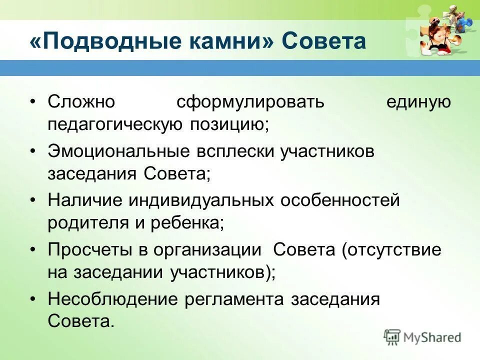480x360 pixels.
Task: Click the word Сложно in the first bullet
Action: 81,102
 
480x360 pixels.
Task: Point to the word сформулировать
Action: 250,102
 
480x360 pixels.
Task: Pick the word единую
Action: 425,102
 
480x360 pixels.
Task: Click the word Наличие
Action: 84,201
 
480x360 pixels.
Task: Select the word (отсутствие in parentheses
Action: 392,250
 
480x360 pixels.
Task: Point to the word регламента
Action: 234,299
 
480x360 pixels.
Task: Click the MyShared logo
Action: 422,337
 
